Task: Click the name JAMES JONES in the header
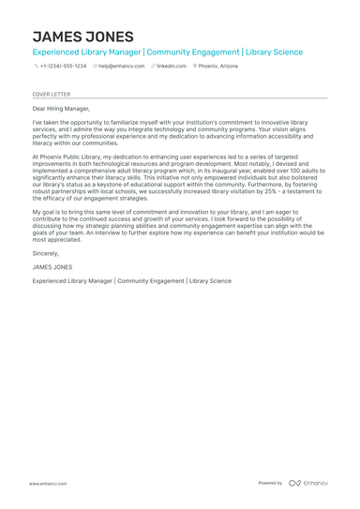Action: pos(82,36)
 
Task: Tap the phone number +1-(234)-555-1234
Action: pos(63,67)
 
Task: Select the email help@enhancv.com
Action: pos(122,67)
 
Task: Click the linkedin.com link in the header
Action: pos(172,67)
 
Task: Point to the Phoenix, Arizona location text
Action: pos(218,67)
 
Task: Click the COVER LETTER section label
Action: pos(51,94)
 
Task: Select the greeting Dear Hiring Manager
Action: pos(62,109)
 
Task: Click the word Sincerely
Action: pos(45,253)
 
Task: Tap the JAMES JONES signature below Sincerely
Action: pos(52,267)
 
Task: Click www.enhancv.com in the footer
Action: pos(47,483)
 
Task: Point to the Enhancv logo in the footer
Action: pos(308,483)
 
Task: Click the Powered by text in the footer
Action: pos(270,483)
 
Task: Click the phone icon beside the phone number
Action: pos(36,67)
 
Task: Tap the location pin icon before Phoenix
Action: pos(195,67)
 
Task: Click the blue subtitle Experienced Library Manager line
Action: pos(168,52)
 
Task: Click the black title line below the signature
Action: pos(131,280)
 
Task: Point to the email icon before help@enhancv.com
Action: pos(95,67)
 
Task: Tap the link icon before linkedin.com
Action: pos(153,67)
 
